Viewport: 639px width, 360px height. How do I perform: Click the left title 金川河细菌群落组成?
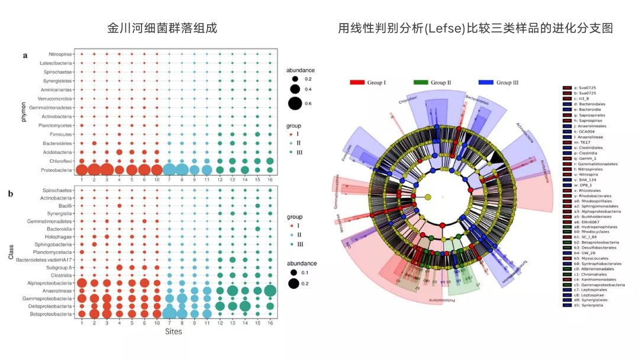[162, 28]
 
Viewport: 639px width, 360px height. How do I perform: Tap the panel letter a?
[25, 56]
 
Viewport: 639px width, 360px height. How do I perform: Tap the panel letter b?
[25, 193]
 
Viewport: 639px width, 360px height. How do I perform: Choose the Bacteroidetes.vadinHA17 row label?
[45, 259]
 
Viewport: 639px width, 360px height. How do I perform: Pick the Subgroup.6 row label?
[59, 267]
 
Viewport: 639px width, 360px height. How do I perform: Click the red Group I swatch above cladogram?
[357, 82]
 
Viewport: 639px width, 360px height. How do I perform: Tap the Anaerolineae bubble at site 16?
[270, 291]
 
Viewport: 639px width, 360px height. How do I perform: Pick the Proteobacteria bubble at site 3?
[106, 170]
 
